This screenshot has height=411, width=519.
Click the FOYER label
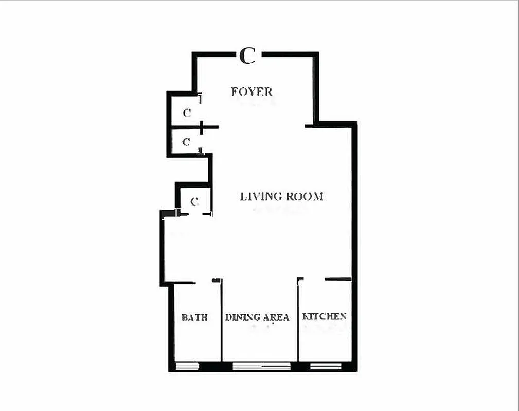252,92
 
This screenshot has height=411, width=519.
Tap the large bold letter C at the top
247,55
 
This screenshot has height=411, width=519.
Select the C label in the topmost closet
187,113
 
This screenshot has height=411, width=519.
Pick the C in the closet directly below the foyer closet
187,142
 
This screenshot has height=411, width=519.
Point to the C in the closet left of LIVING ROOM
194,202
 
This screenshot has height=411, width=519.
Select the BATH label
194,317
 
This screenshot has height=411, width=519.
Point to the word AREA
276,317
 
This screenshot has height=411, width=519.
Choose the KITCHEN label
324,316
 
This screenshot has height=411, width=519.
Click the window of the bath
188,366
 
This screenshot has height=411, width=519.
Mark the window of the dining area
261,366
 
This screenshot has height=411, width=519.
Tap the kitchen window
326,366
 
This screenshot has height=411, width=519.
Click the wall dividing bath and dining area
222,324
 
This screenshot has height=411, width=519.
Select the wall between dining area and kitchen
298,324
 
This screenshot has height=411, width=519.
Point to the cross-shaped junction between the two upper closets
202,127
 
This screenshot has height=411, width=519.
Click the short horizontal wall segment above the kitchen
338,279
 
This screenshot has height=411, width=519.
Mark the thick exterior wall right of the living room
354,206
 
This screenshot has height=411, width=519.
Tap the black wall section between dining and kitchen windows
300,366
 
